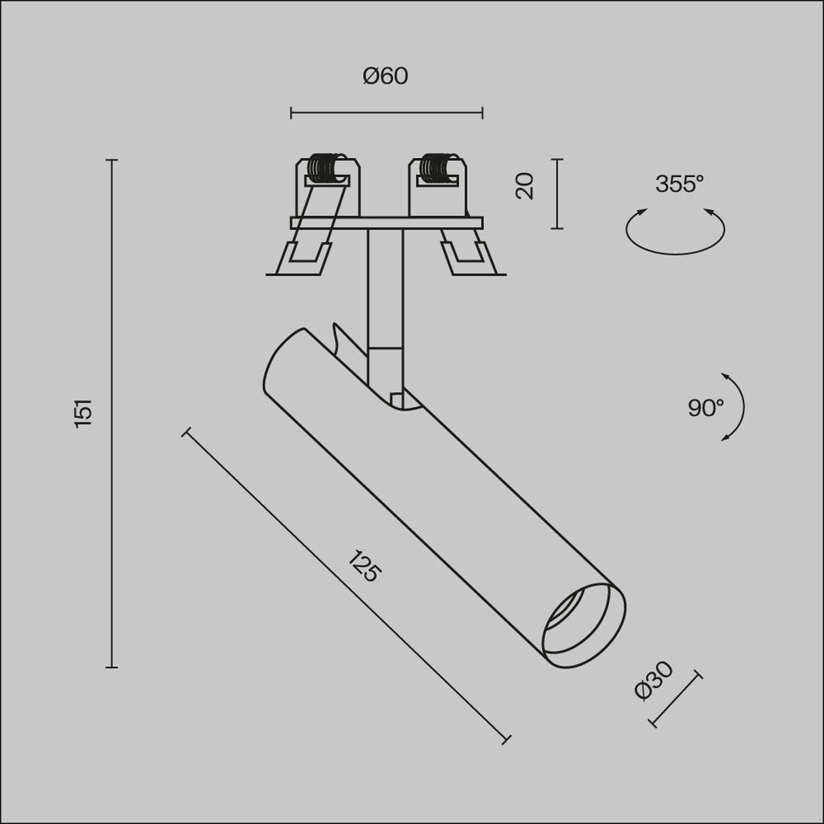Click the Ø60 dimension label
tap(386, 76)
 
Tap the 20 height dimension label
tap(525, 186)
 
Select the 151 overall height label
tap(84, 414)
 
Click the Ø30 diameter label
tap(653, 681)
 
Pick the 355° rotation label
tap(680, 184)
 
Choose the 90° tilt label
tap(705, 408)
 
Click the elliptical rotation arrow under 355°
tap(675, 242)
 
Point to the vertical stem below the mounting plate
tap(385, 286)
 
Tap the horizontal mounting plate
tap(386, 223)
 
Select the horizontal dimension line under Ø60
tap(386, 114)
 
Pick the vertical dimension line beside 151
tap(112, 414)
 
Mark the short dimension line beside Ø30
tap(677, 699)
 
